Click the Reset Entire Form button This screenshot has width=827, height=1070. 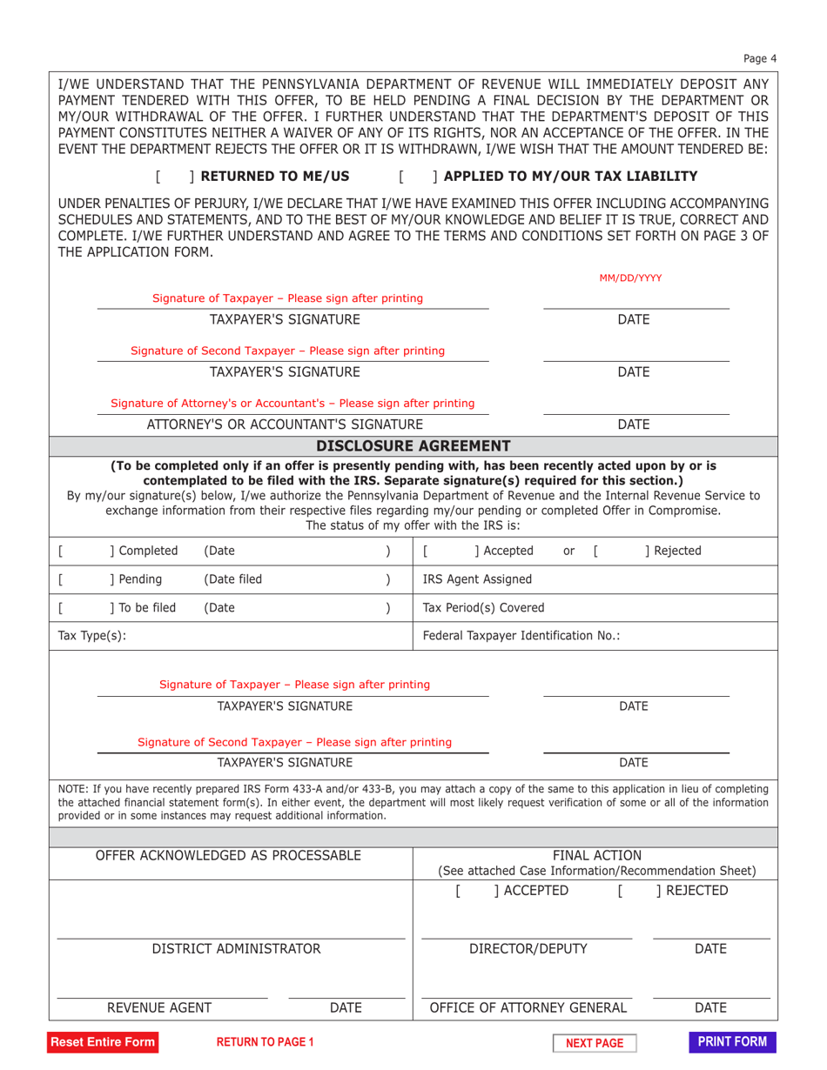tap(103, 1042)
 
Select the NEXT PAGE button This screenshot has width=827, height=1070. tap(595, 1043)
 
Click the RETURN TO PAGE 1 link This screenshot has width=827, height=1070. tap(265, 1042)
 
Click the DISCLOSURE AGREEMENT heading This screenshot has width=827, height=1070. tap(413, 446)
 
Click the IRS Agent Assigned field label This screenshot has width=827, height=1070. tap(477, 578)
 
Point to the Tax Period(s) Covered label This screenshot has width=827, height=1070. tap(483, 607)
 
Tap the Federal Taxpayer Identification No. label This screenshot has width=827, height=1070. tap(521, 636)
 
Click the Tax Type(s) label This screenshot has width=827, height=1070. tap(91, 636)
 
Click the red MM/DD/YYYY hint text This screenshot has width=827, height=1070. tap(630, 278)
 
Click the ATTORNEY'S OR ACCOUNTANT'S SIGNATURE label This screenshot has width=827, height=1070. tap(285, 425)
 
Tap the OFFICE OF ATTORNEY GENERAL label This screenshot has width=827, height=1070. tap(528, 1008)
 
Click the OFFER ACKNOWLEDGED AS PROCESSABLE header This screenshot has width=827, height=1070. tap(228, 856)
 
